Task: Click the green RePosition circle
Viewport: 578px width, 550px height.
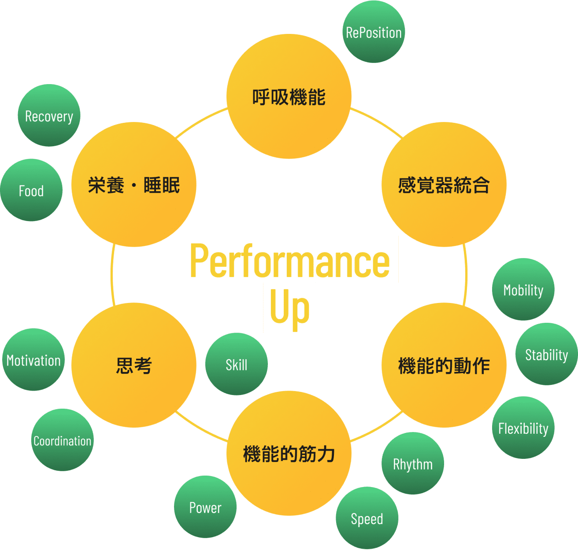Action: pos(374,32)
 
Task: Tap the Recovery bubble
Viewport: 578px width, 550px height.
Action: pos(49,115)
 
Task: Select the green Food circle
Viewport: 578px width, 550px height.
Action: pos(31,190)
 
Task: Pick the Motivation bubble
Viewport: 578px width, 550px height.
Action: pos(33,360)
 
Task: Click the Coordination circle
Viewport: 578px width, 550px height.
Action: pos(63,440)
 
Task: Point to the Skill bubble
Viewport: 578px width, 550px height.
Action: pos(237,364)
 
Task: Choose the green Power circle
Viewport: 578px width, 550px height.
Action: pos(205,507)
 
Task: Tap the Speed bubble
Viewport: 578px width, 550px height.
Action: pos(367,518)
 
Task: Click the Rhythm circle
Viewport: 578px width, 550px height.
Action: pos(413,464)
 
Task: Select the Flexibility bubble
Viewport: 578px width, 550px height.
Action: pos(523,428)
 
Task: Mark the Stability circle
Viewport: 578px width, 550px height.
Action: pos(547,354)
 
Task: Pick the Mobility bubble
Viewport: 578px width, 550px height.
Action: pos(523,289)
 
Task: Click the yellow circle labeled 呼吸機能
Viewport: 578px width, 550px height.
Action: pos(289,96)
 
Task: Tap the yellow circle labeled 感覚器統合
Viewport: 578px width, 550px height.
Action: pos(444,185)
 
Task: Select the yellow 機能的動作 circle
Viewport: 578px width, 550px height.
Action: pos(444,365)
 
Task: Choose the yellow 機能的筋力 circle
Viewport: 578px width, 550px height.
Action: pos(289,453)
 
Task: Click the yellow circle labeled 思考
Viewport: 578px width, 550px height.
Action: pos(134,365)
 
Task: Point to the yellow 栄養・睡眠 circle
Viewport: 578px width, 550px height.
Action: pos(134,185)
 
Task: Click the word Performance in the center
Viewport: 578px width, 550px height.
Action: pos(289,260)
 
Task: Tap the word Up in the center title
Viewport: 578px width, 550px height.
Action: pos(289,307)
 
